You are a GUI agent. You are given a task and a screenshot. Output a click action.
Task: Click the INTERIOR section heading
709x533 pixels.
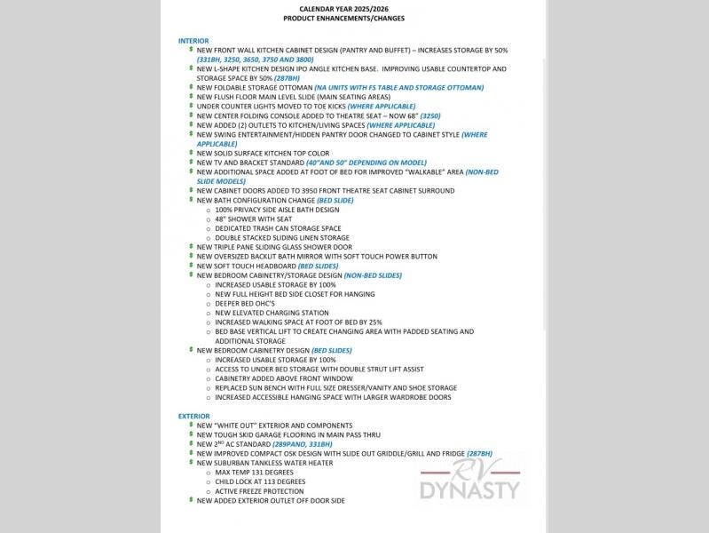point(193,41)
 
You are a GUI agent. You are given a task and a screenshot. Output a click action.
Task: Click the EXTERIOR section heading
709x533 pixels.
point(194,416)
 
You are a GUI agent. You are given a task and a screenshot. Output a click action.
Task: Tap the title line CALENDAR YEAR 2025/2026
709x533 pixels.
point(337,8)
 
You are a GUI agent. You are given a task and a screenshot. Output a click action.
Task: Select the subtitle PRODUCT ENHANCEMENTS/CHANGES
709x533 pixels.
point(337,18)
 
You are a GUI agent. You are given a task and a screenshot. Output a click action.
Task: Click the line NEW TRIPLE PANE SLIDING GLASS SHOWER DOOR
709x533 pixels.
point(274,247)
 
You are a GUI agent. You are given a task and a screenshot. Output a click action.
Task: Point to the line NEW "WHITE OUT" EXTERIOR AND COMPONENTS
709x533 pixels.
point(274,426)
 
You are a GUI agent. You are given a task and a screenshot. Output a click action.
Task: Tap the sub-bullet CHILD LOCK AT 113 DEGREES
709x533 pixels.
point(260,481)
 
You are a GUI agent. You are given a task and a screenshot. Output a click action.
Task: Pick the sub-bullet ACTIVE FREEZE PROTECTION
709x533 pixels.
point(259,491)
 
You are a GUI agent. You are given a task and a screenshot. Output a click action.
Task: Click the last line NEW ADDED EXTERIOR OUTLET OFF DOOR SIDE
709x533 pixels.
point(271,501)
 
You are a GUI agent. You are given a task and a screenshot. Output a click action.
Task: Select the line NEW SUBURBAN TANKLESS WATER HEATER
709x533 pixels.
point(264,463)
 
